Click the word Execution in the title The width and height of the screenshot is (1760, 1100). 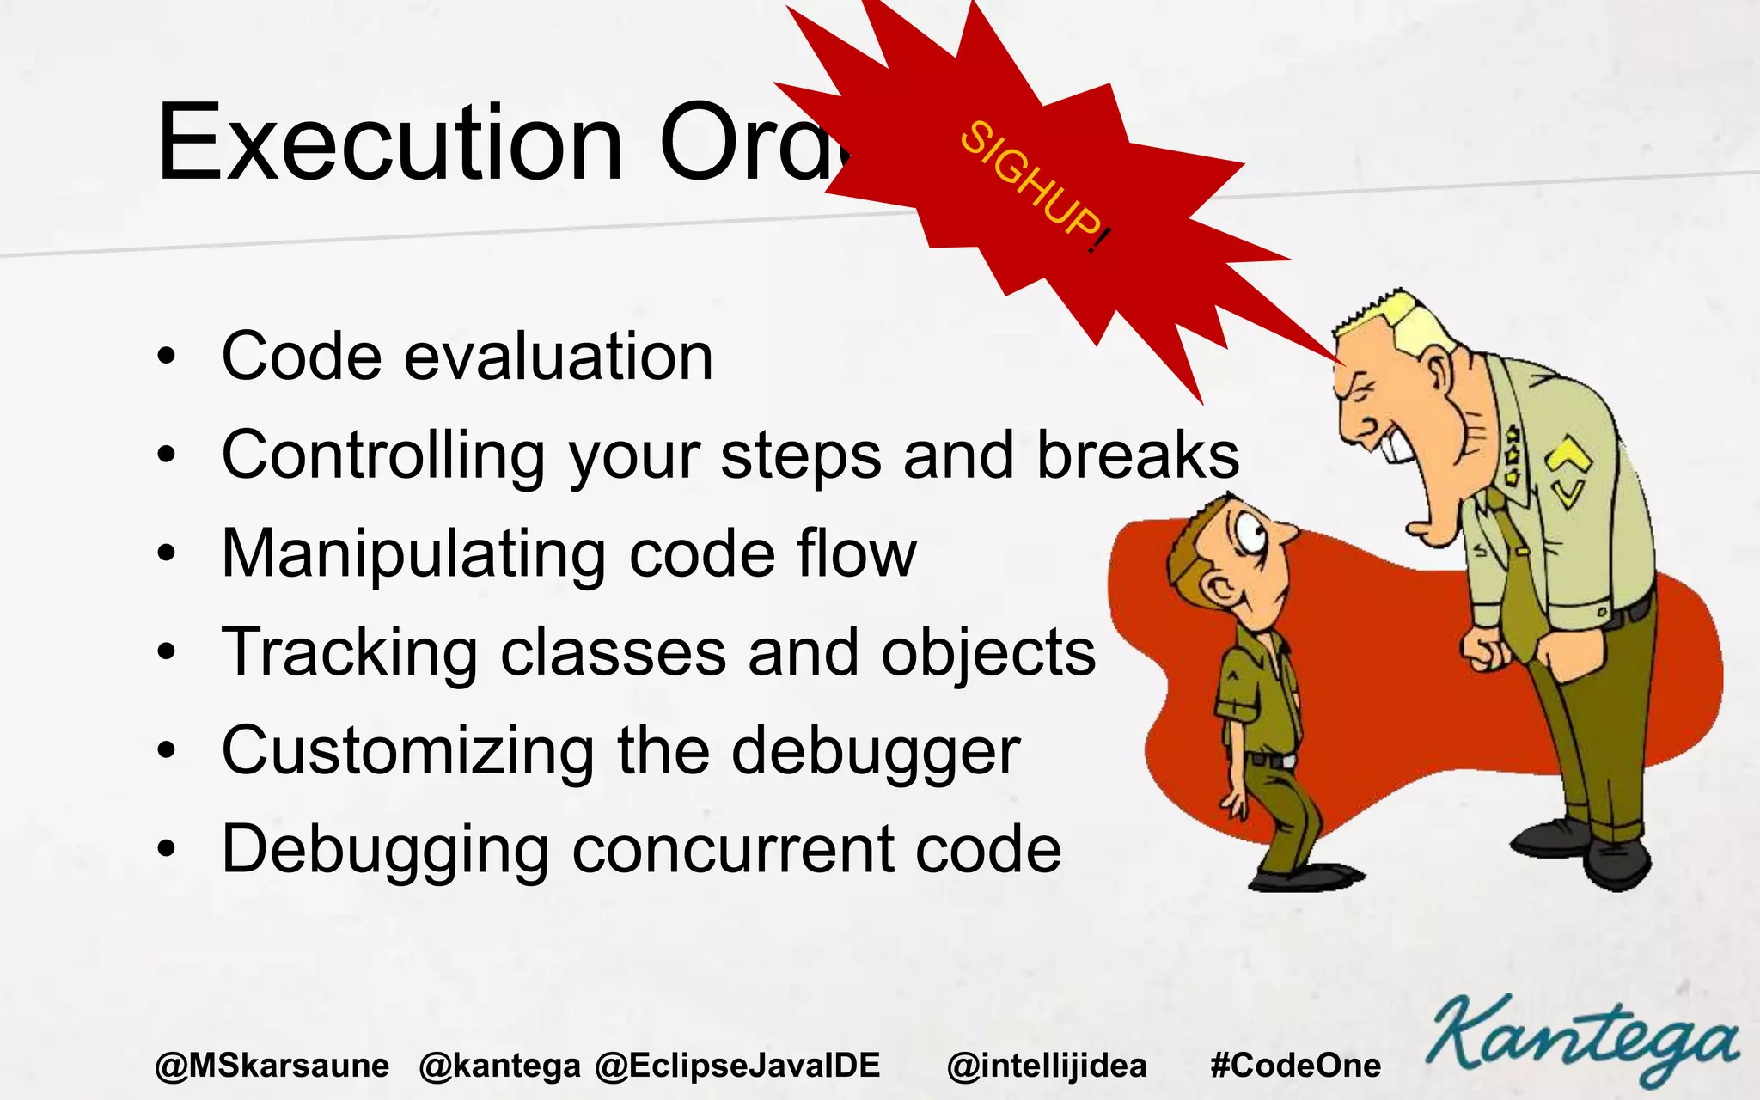pyautogui.click(x=388, y=144)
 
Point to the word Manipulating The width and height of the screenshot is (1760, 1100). pyautogui.click(x=413, y=554)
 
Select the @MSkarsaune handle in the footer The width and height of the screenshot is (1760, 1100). pyautogui.click(x=272, y=1066)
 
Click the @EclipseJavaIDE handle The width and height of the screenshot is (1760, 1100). pyautogui.click(x=737, y=1066)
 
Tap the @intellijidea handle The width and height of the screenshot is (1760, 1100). pyautogui.click(x=1046, y=1066)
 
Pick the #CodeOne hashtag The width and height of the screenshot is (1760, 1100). pyautogui.click(x=1295, y=1066)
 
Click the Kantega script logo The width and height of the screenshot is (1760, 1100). pyautogui.click(x=1581, y=1040)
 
